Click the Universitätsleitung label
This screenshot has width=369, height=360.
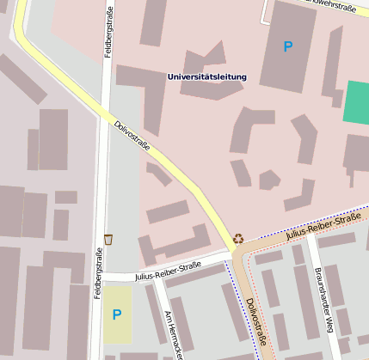[206, 77]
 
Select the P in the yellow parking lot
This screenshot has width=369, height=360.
[117, 314]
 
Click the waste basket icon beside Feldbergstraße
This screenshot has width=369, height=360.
[108, 238]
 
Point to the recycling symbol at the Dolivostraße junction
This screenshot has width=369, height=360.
[238, 238]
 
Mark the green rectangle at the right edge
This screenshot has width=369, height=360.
[356, 101]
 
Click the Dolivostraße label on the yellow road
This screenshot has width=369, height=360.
[132, 137]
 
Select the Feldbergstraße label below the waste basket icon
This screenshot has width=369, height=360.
[100, 273]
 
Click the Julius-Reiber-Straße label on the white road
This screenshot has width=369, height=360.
[167, 272]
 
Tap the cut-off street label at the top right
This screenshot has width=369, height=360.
[331, 6]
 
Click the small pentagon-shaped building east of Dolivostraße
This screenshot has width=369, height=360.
[269, 180]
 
